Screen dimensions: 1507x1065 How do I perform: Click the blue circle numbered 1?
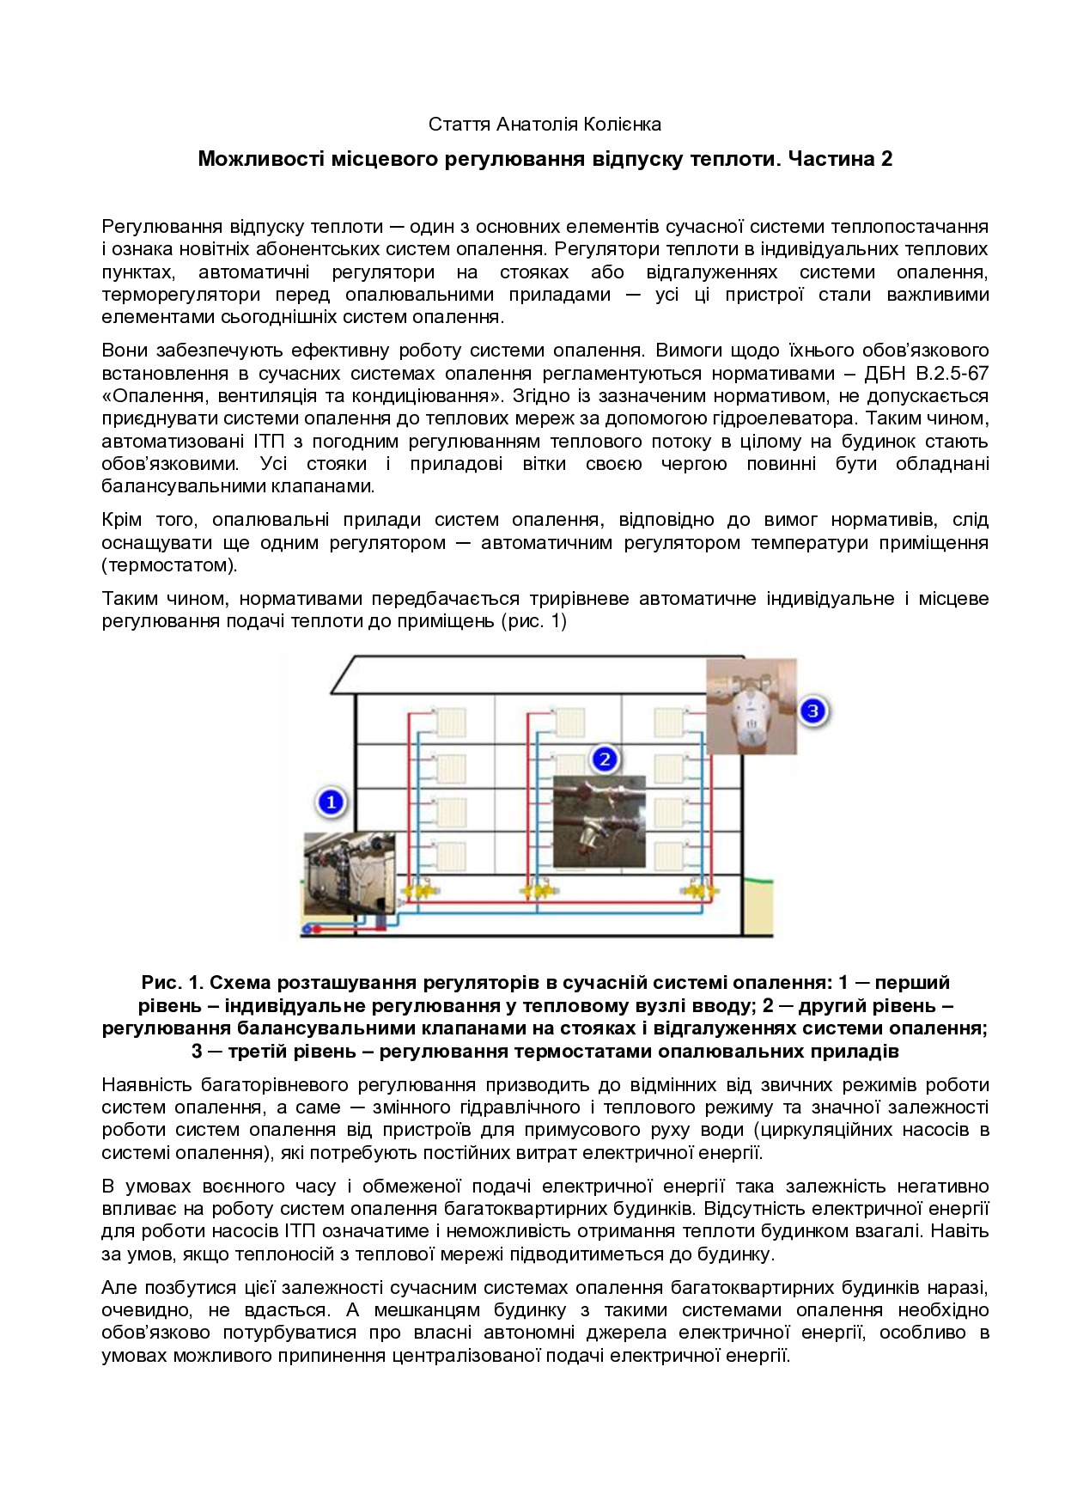331,802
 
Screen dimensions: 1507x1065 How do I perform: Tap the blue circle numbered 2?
605,760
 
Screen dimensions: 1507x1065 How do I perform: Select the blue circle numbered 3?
812,711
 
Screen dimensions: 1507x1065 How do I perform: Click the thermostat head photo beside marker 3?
752,706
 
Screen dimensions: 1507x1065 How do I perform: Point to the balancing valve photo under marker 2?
599,821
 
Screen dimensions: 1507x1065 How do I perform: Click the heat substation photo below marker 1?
350,874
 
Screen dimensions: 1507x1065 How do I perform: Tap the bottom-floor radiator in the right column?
669,857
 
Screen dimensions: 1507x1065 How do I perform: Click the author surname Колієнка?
622,125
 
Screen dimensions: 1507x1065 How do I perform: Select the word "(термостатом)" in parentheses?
169,565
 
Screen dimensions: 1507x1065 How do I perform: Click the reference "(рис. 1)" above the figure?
533,621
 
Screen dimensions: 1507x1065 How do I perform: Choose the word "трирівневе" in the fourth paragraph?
580,599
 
